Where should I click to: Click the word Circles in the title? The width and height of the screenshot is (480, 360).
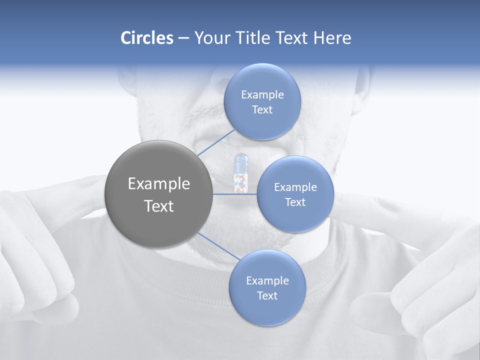click(x=147, y=38)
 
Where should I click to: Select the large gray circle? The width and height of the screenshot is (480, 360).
click(x=158, y=194)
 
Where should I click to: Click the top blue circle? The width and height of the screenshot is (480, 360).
click(x=262, y=101)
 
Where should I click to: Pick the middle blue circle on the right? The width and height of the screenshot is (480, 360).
click(x=295, y=194)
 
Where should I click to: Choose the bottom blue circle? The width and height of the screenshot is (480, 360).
click(x=267, y=287)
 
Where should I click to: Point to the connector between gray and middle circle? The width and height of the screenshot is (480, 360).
click(x=234, y=194)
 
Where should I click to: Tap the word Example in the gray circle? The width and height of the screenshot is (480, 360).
click(x=158, y=184)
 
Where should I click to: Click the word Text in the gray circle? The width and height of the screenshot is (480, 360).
click(x=158, y=206)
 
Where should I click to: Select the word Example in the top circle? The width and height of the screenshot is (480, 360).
click(x=262, y=94)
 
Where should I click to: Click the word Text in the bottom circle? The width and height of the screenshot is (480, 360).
click(x=267, y=295)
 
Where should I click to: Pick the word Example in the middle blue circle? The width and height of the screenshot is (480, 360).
click(x=295, y=187)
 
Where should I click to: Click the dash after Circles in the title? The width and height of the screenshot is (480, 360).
click(x=183, y=38)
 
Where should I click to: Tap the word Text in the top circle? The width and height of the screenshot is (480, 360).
click(x=262, y=109)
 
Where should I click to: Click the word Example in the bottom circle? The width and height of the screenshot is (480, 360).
click(x=267, y=280)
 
